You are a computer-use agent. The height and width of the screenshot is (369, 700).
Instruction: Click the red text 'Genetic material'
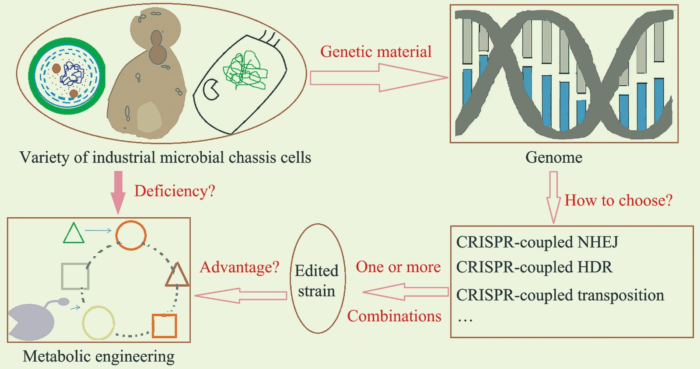(376, 52)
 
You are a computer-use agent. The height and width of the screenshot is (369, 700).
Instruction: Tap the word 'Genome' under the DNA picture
(553, 157)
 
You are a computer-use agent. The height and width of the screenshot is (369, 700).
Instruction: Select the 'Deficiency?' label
(175, 191)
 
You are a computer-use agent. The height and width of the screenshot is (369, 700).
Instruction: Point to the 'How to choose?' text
(618, 200)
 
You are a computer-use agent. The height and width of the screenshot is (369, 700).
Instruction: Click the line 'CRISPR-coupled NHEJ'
(537, 242)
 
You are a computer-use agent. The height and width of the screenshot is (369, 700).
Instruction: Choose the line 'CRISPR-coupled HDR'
(534, 267)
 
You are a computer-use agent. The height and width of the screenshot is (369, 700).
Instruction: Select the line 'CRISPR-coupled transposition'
(560, 295)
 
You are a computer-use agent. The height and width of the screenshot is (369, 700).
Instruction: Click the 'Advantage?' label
(239, 267)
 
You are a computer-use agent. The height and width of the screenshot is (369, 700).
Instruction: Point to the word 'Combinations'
(394, 316)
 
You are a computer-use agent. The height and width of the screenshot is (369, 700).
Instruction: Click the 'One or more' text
(398, 267)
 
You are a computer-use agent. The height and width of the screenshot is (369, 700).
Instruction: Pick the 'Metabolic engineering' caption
(98, 356)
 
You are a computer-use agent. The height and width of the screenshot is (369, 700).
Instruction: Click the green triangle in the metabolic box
(73, 234)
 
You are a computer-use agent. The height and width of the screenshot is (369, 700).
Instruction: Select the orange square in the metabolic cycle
(164, 326)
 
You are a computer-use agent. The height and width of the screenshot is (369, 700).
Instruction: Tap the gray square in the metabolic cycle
(75, 276)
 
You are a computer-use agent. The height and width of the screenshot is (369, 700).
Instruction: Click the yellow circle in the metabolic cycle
(98, 323)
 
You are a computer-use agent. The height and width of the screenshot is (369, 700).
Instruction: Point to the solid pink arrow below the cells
(118, 192)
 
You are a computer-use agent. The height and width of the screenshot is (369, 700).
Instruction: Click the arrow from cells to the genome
(378, 78)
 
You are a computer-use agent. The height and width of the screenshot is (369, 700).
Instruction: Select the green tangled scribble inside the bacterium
(244, 70)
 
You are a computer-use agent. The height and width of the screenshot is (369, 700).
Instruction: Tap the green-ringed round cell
(67, 76)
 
